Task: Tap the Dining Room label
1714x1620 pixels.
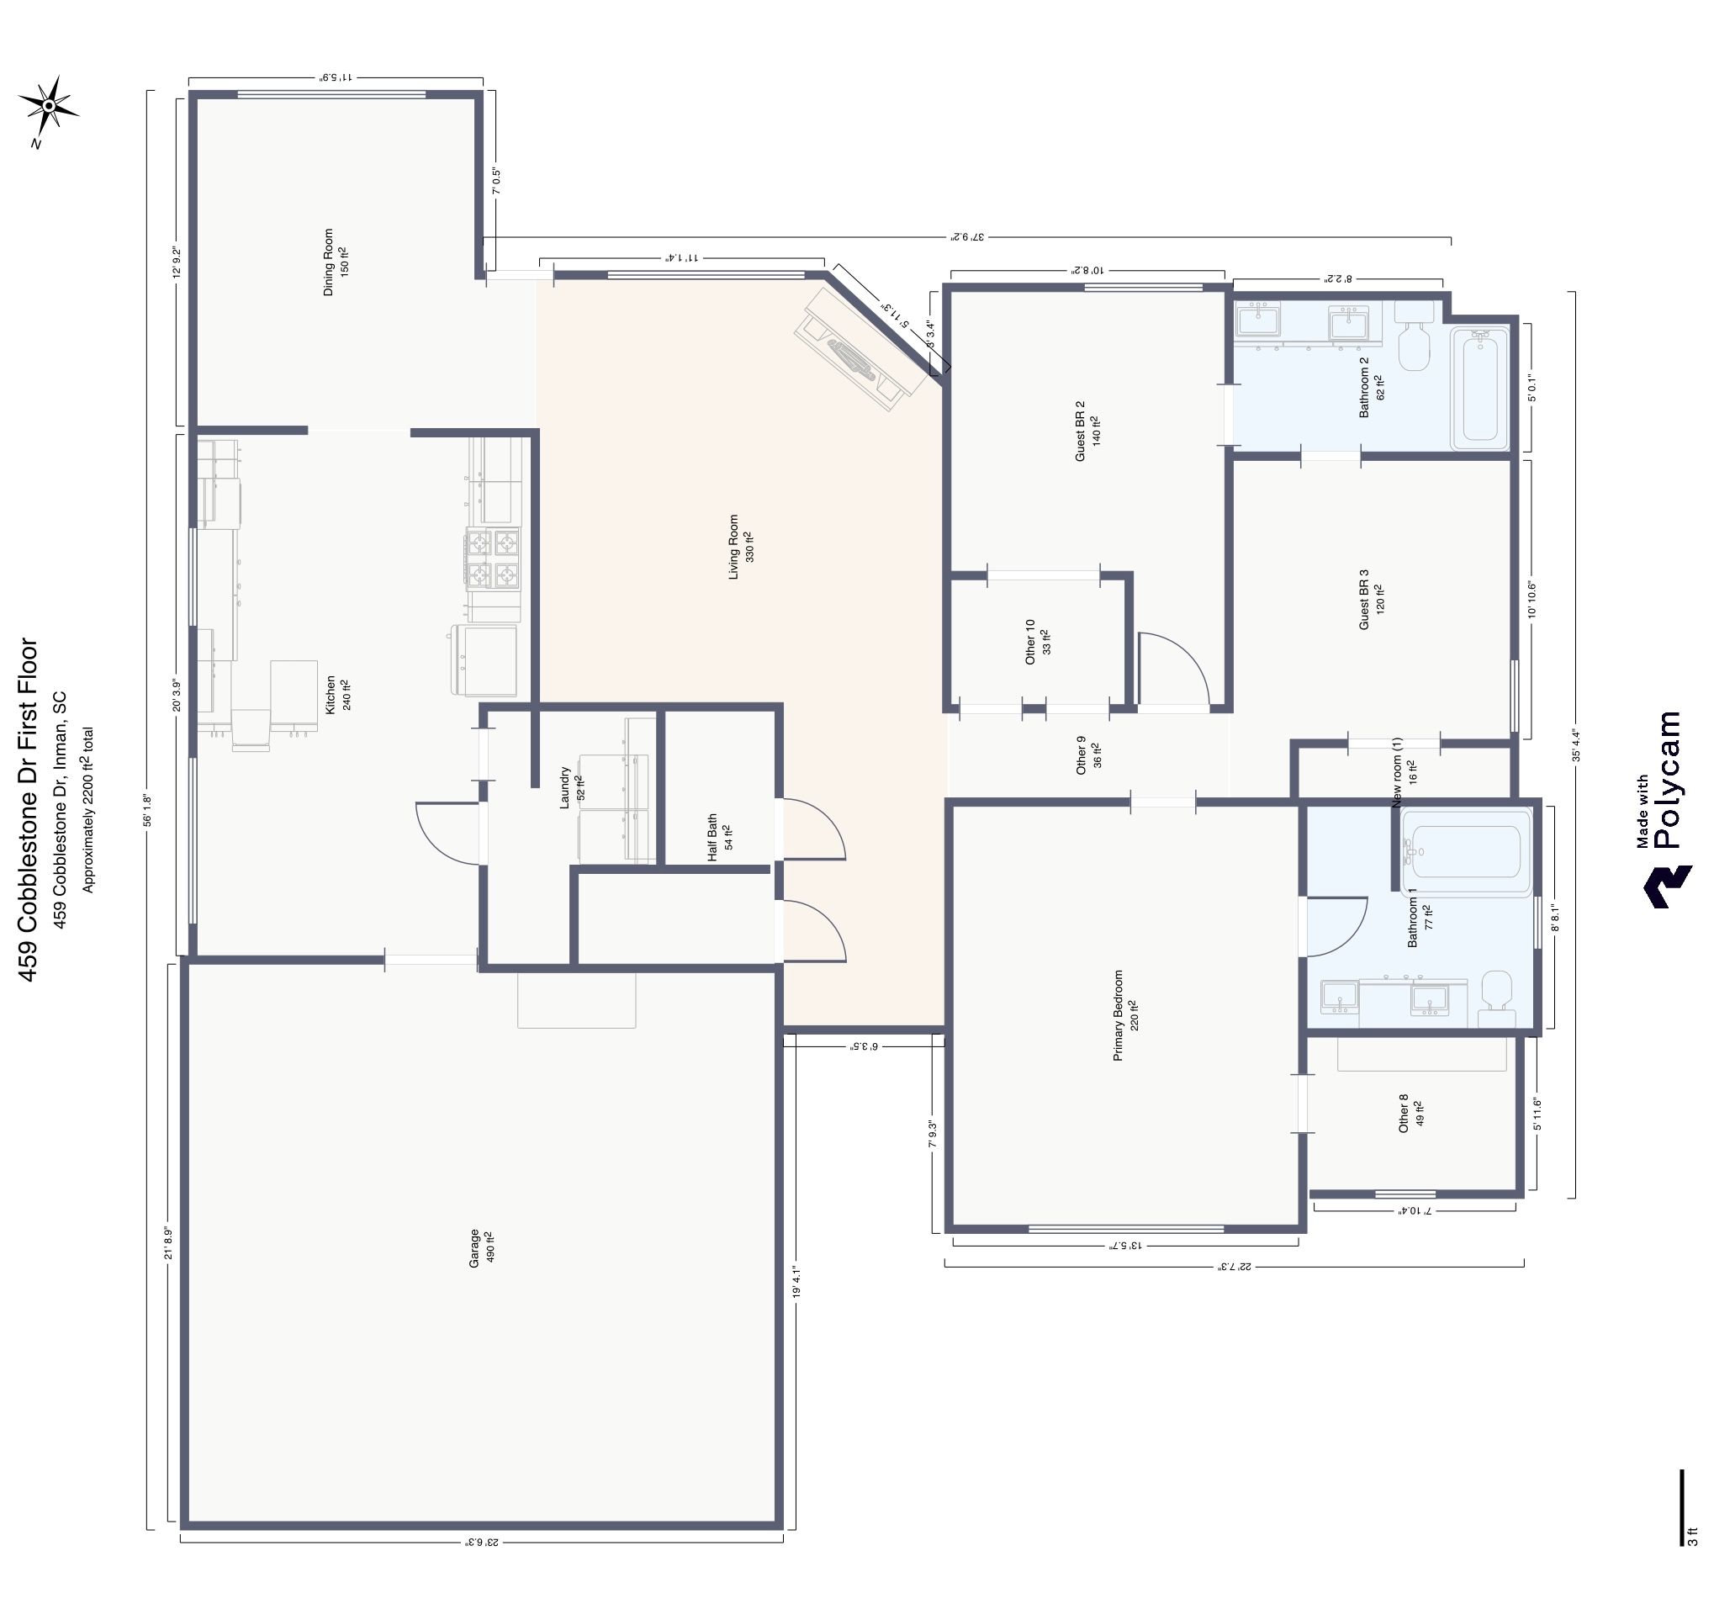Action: [x=335, y=262]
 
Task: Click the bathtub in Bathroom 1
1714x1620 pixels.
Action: [x=1464, y=851]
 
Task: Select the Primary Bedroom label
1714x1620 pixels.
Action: [x=1125, y=1015]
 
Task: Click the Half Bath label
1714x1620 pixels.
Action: [x=719, y=837]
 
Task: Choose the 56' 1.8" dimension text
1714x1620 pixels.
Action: [x=148, y=810]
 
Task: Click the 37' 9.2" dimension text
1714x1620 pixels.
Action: [x=967, y=235]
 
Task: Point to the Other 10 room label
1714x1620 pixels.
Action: [x=1037, y=641]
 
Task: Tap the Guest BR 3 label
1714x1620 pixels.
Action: [x=1371, y=597]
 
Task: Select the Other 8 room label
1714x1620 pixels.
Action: [x=1410, y=1113]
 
